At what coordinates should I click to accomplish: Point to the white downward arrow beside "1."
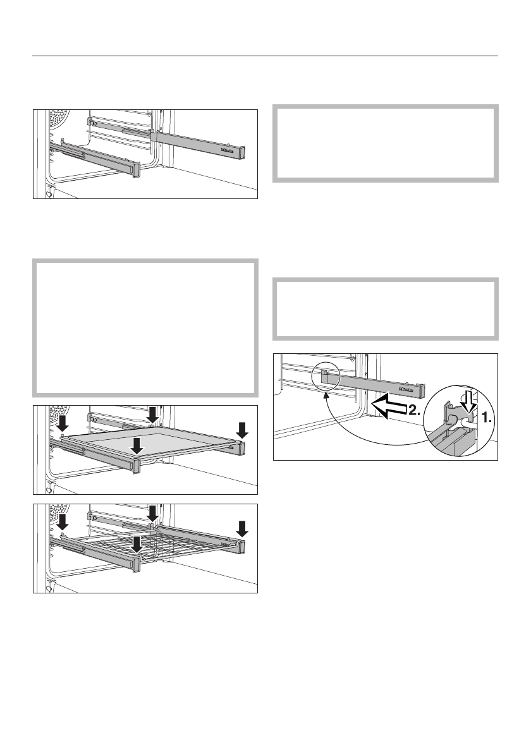pyautogui.click(x=468, y=402)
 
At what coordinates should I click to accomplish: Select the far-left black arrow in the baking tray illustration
pyautogui.click(x=62, y=422)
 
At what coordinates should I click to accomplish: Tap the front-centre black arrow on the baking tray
pyautogui.click(x=136, y=444)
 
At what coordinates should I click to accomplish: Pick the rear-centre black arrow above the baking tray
pyautogui.click(x=152, y=414)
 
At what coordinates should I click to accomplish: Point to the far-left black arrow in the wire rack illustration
pyautogui.click(x=62, y=522)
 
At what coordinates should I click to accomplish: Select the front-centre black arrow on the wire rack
pyautogui.click(x=136, y=543)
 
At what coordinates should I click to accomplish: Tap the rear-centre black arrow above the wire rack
pyautogui.click(x=152, y=512)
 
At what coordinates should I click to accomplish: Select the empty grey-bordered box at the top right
pyautogui.click(x=386, y=143)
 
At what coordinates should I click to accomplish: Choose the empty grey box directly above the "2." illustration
pyautogui.click(x=386, y=308)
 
